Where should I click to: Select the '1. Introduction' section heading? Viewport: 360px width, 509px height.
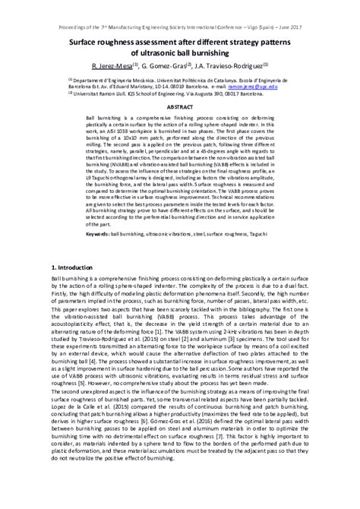[76, 268]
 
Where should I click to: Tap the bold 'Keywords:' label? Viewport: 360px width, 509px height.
[99, 235]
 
